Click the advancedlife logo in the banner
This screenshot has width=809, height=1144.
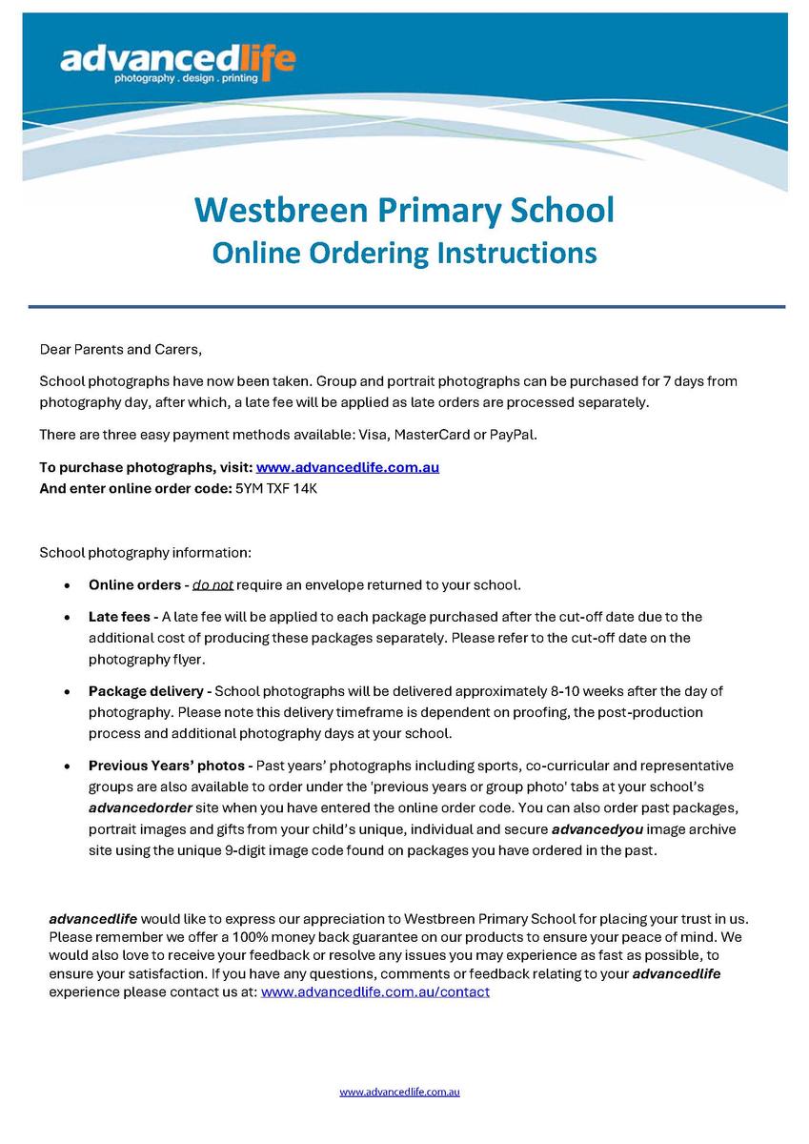pyautogui.click(x=177, y=64)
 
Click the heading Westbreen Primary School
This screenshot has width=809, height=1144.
pyautogui.click(x=404, y=210)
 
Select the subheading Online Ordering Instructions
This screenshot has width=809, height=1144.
pyautogui.click(x=404, y=253)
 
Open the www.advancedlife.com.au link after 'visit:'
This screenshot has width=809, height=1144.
pyautogui.click(x=347, y=467)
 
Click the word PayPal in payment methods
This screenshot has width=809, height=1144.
pyautogui.click(x=513, y=435)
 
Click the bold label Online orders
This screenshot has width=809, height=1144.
pyautogui.click(x=134, y=584)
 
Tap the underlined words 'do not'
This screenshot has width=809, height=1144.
pyautogui.click(x=212, y=584)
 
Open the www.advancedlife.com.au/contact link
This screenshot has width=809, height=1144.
pyautogui.click(x=374, y=991)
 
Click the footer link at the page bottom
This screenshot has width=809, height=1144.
pyautogui.click(x=399, y=1092)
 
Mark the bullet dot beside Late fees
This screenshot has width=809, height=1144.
pyautogui.click(x=66, y=618)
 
